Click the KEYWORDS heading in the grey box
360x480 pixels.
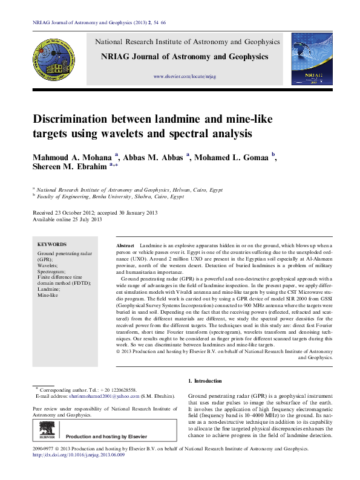[52, 244]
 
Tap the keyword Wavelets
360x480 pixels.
[49, 265]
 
